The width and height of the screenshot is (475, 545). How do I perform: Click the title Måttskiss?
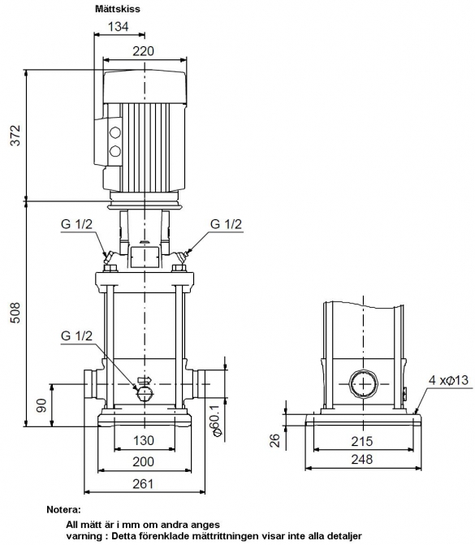[118, 9]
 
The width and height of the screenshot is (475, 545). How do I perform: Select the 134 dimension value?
[119, 27]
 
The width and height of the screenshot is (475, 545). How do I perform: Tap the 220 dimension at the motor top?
[143, 51]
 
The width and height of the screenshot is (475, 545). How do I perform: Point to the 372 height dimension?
[15, 135]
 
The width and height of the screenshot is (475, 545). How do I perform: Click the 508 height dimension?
[15, 313]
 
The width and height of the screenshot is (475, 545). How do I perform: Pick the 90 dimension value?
[41, 405]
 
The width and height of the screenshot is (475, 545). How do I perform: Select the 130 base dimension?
[144, 440]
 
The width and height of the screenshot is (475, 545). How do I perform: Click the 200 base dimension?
[143, 461]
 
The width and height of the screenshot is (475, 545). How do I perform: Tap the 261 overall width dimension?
[143, 483]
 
